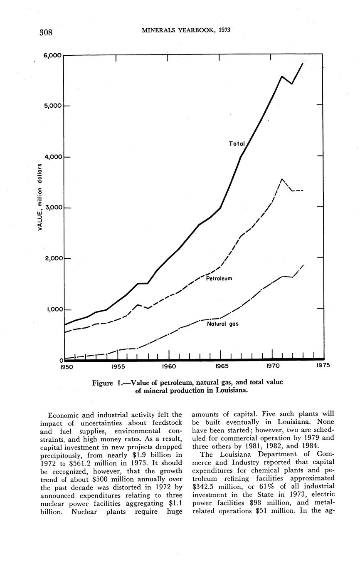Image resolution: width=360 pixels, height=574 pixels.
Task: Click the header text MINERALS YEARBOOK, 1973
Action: click(186, 30)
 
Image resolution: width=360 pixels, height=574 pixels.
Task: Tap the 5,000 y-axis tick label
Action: click(52, 106)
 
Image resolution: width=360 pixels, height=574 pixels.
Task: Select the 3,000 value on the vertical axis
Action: click(52, 208)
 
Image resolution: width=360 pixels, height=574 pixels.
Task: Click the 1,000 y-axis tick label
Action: click(52, 310)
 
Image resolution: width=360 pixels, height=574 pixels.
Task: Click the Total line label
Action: click(237, 144)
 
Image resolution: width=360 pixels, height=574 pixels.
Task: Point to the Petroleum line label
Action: click(219, 278)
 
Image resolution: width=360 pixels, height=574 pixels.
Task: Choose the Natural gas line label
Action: click(222, 323)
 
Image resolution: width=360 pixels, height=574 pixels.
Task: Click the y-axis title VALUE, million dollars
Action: click(40, 197)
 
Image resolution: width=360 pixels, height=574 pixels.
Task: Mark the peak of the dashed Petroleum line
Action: click(282, 179)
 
